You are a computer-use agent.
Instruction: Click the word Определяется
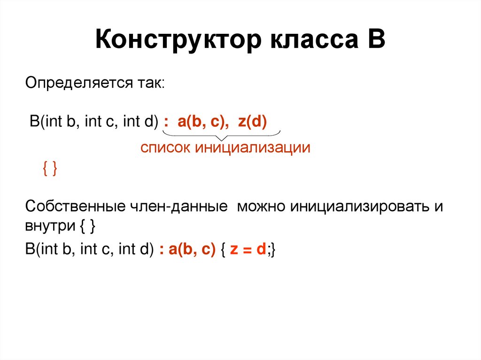click(x=77, y=84)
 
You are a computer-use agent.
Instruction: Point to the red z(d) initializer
click(x=252, y=122)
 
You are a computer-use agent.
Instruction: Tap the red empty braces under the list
click(x=49, y=169)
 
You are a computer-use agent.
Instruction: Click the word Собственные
click(x=75, y=207)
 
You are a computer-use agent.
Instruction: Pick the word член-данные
click(x=179, y=207)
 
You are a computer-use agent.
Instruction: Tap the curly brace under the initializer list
click(x=222, y=135)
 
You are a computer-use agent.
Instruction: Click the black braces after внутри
click(x=88, y=227)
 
